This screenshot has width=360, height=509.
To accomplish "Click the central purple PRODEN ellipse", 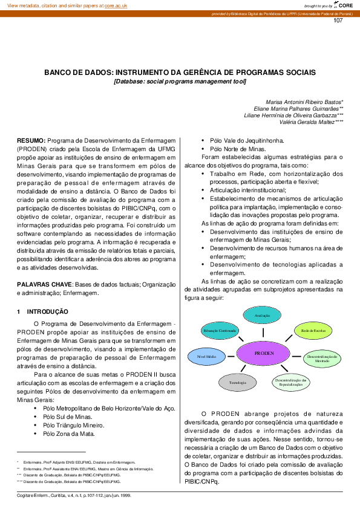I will coord(264,352).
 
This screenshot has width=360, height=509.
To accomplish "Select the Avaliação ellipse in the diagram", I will coord(262,316).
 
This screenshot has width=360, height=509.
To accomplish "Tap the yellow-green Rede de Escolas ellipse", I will coord(314,331).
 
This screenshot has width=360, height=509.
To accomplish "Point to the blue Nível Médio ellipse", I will coord(207,357).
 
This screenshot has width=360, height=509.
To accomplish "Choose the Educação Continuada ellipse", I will coord(219,331).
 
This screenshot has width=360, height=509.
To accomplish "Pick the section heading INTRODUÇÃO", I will coord(48,312).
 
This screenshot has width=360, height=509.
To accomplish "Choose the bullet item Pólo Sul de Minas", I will coord(67,417).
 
